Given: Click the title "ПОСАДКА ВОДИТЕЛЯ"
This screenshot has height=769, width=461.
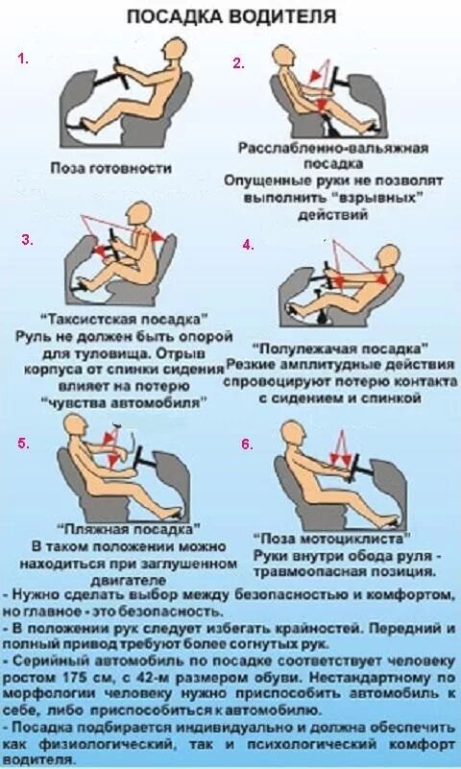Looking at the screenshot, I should click(231, 16).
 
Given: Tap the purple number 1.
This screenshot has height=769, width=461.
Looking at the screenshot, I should click(23, 59).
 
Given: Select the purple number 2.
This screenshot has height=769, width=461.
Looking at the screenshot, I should click(238, 63).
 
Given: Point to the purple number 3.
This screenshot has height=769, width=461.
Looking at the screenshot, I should click(27, 239).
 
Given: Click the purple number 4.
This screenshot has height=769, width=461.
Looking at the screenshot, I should click(248, 244).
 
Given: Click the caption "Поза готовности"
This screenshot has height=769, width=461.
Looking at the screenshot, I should click(111, 167).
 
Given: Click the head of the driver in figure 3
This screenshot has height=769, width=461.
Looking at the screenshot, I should click(140, 213).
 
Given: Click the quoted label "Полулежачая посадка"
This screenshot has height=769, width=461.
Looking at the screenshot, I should click(340, 351).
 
